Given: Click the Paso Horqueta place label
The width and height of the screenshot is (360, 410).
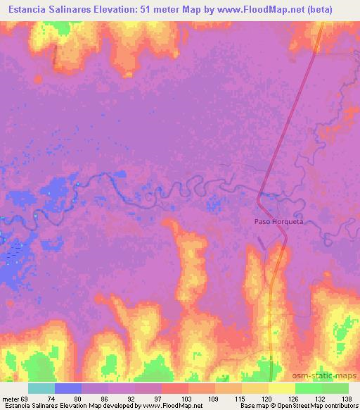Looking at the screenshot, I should point(281,221).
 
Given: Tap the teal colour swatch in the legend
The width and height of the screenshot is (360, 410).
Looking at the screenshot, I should point(41,388).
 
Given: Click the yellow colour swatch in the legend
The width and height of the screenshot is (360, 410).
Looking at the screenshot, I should point(281,388).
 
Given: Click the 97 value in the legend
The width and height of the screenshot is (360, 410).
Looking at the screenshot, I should point(147,399).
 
